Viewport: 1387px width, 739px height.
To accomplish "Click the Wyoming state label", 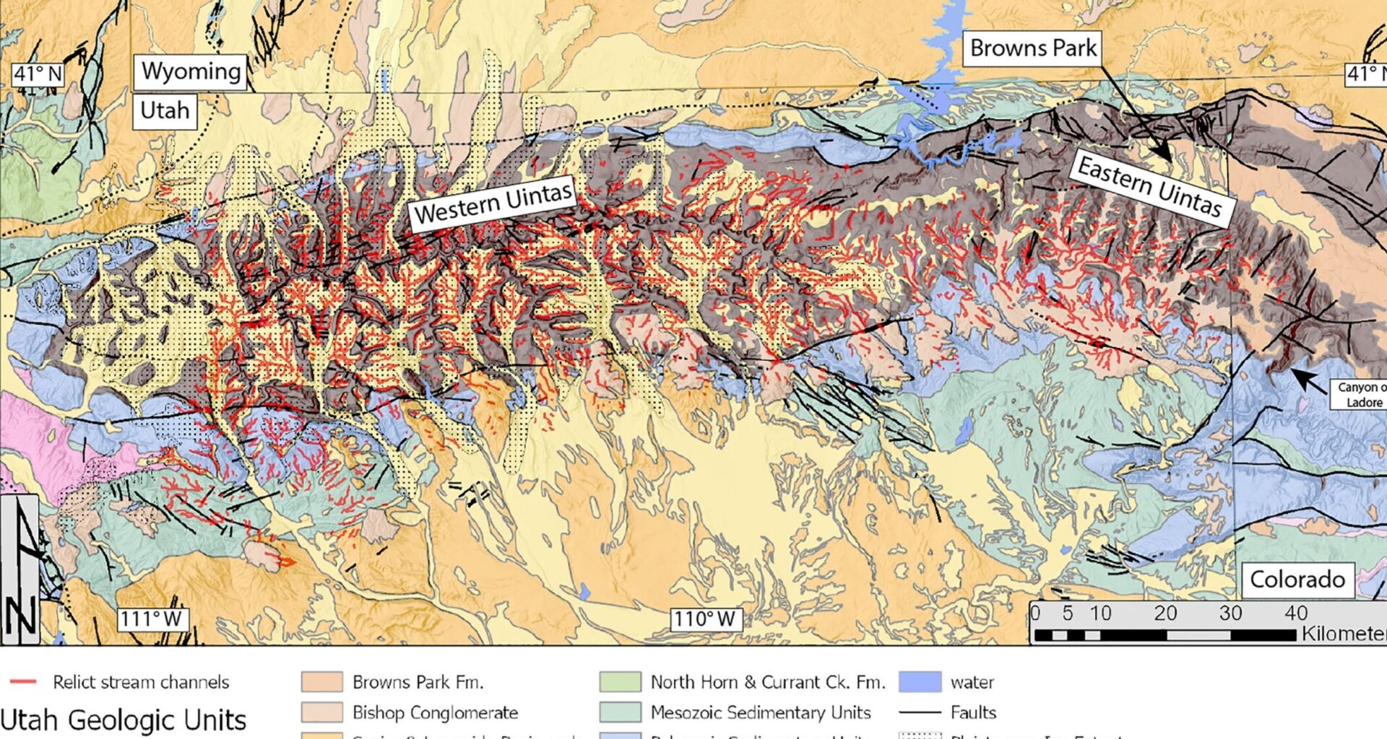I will tap(191, 71).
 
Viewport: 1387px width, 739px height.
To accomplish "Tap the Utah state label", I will tap(165, 110).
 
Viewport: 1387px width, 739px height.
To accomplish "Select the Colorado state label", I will tap(1297, 580).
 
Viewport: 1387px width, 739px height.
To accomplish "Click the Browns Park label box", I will tap(1032, 48).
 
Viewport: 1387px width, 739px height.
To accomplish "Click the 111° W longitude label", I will tap(151, 619).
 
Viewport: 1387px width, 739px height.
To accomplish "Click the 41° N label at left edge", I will tap(38, 74).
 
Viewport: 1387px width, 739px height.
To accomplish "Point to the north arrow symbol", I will tap(20, 570).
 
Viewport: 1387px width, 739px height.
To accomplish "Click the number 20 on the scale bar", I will tap(1165, 613).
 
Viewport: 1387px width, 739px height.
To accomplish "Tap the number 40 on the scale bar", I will tap(1295, 613).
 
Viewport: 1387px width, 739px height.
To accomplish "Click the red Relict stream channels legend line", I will tap(23, 682).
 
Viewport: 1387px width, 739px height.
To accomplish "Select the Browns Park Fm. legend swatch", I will tap(321, 682).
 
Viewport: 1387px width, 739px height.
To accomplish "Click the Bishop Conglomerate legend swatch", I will tap(321, 712).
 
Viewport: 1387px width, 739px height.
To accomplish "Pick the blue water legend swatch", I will tap(920, 682).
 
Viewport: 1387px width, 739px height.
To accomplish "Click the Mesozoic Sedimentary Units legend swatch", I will tap(620, 712).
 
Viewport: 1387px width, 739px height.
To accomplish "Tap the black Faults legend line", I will tap(920, 712).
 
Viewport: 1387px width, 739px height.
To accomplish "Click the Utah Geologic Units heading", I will tap(123, 720).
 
